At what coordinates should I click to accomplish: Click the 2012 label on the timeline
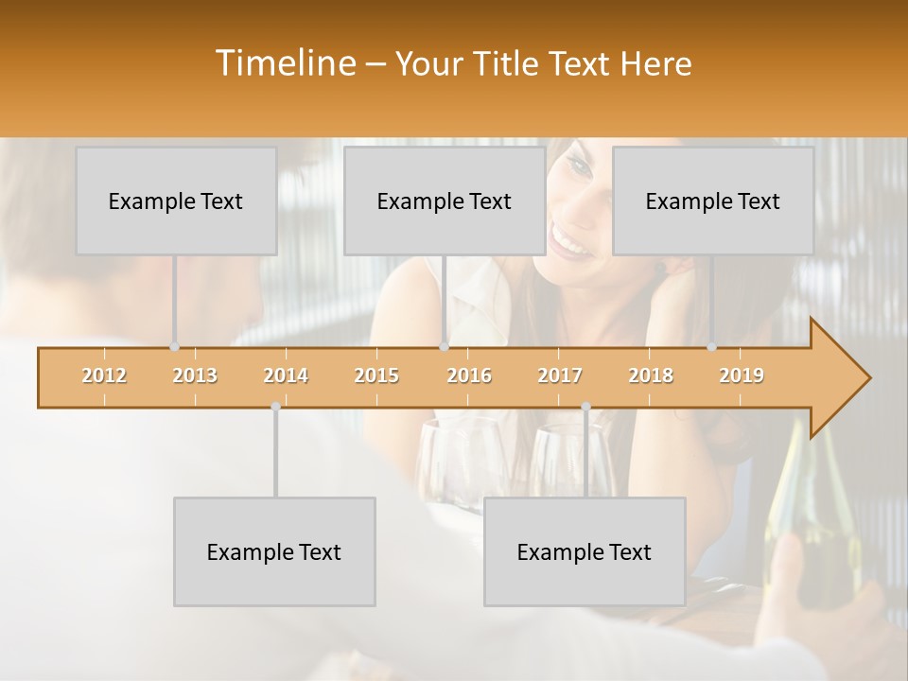pos(104,375)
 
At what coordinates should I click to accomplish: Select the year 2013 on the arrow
pos(195,375)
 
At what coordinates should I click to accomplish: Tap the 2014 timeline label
pos(286,375)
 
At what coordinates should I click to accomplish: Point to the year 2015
pos(376,375)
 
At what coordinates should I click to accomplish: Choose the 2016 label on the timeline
pos(469,375)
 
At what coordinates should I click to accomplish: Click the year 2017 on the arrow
pos(560,375)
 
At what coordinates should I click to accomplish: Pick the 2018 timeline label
pos(651,375)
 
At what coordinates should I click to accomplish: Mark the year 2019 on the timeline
pos(742,375)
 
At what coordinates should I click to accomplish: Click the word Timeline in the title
pos(284,63)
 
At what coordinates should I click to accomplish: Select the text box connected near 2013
pos(176,201)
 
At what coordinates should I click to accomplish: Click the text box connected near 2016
pos(445,201)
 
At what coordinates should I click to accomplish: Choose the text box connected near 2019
pos(713,201)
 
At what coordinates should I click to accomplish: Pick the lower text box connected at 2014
pos(274,551)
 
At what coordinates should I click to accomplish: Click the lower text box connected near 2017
pos(585,551)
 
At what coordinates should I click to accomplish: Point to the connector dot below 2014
pos(275,407)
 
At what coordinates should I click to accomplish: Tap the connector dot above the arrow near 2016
pos(445,347)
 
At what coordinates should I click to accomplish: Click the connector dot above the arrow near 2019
pos(712,347)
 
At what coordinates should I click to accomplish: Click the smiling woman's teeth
pos(569,243)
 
